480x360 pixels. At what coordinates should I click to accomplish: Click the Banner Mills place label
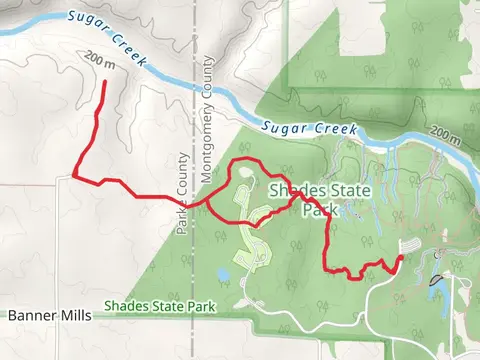point(49,315)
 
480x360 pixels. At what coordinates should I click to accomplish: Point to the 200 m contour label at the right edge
point(445,133)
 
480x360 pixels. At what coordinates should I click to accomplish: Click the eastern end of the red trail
point(401,257)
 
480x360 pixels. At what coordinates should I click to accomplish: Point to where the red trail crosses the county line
point(192,203)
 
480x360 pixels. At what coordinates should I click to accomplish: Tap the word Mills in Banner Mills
point(73,315)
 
